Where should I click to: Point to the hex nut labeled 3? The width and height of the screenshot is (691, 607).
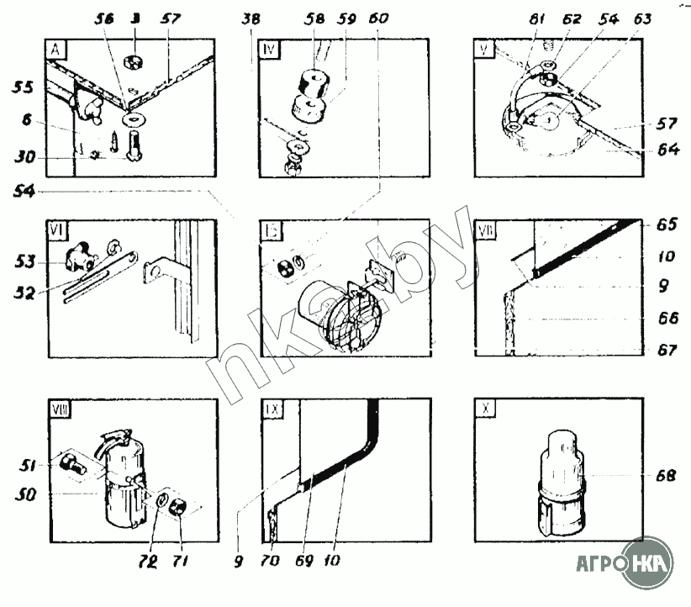(x=133, y=61)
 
